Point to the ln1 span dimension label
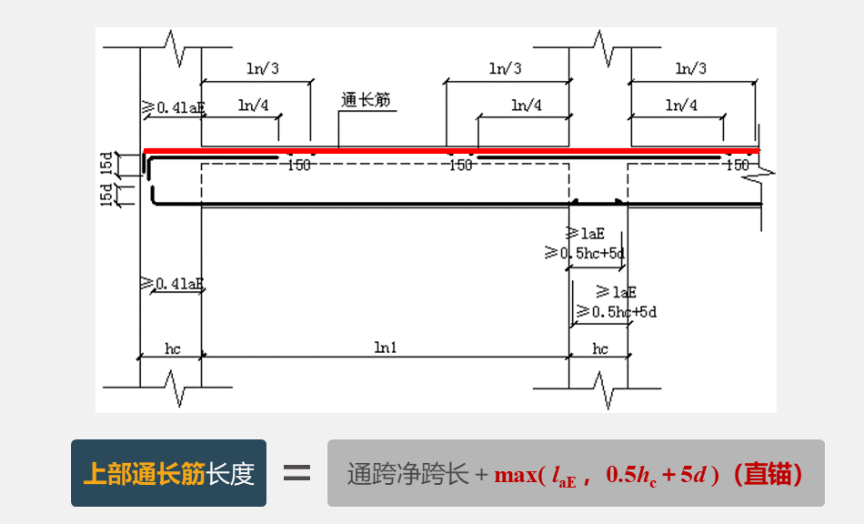click(385, 348)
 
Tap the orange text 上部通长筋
click(144, 474)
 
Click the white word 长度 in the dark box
click(230, 474)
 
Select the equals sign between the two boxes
click(296, 474)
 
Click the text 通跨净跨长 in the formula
click(407, 474)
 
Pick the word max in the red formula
click(515, 474)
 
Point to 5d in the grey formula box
click(694, 474)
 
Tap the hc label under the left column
click(173, 348)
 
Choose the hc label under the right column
click(600, 348)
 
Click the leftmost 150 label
click(298, 166)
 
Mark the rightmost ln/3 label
click(691, 68)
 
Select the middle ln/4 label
click(526, 106)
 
